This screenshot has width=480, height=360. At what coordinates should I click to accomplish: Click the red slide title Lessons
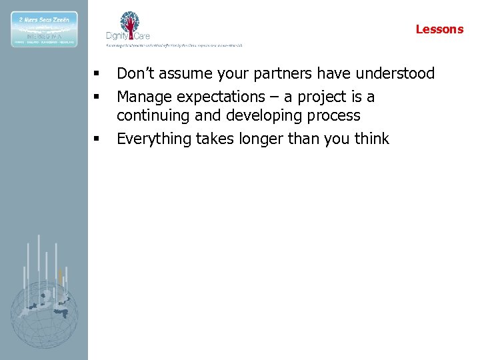[x=439, y=29]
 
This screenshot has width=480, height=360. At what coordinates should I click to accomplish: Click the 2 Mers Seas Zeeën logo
[x=44, y=29]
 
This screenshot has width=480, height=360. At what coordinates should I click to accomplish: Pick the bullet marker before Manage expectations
[x=97, y=97]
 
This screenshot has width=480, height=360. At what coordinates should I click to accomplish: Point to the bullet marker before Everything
[x=97, y=139]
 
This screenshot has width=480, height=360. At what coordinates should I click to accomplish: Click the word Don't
[x=135, y=73]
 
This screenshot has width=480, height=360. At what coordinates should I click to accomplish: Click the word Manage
[x=144, y=97]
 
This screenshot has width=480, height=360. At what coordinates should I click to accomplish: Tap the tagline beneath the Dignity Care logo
[x=175, y=45]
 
